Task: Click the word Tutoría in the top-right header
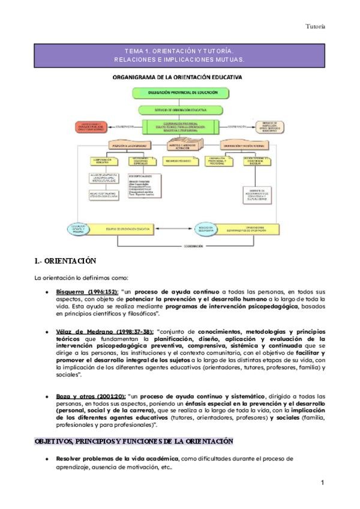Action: [x=332, y=26]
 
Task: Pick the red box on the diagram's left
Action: [x=92, y=127]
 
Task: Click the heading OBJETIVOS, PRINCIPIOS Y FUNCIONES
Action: [x=133, y=442]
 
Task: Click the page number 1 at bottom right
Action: [x=322, y=483]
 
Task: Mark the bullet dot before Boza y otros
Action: [x=47, y=396]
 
